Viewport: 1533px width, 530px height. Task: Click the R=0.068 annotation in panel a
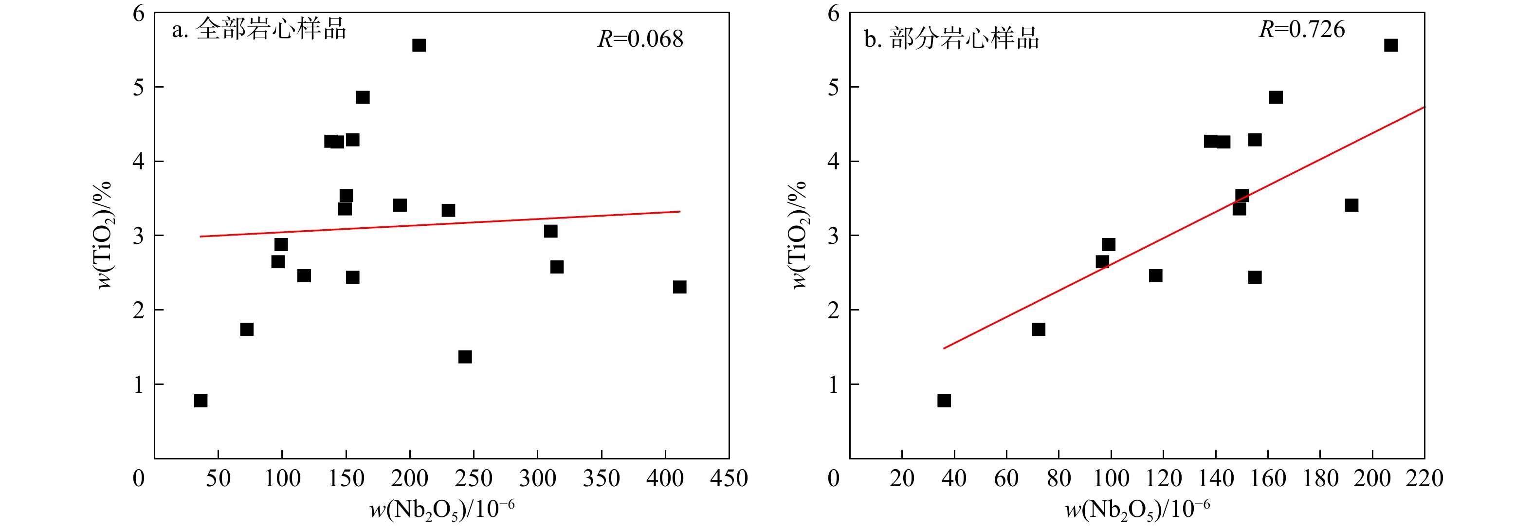(x=640, y=39)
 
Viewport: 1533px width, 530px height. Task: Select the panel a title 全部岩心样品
(x=259, y=29)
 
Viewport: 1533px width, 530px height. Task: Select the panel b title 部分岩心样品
(x=951, y=39)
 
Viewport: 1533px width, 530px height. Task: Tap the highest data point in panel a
(x=419, y=45)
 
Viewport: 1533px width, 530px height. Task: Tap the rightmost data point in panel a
(x=679, y=287)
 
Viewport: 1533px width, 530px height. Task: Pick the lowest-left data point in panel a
(x=201, y=401)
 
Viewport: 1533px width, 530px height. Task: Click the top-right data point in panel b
(x=1391, y=45)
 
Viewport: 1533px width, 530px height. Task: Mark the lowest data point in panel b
(x=944, y=401)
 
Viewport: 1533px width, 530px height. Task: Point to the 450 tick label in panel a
(x=729, y=479)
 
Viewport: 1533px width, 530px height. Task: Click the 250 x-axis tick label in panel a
(x=474, y=479)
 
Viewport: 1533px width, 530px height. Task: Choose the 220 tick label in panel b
(x=1424, y=479)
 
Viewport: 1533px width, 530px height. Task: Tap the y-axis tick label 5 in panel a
(x=139, y=88)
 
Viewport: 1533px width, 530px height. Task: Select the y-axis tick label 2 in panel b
(x=833, y=311)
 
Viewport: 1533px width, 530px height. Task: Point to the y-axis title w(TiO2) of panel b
(x=799, y=236)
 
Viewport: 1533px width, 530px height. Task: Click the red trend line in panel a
(x=440, y=224)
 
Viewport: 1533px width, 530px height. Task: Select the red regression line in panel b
(x=1184, y=227)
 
